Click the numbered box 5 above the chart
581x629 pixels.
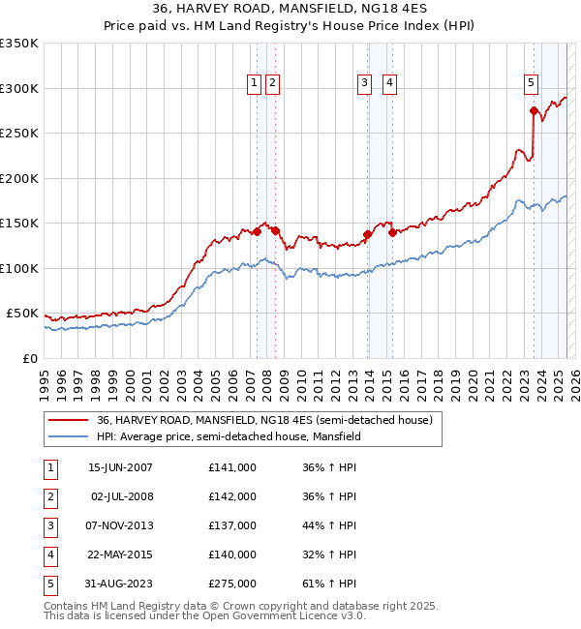[x=532, y=84]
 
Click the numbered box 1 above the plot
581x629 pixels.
[x=254, y=84]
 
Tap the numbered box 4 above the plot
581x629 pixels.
[x=389, y=84]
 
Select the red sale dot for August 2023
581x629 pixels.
[x=534, y=110]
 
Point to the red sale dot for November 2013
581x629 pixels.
[x=368, y=234]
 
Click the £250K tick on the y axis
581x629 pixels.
[x=19, y=134]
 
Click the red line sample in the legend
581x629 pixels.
[x=70, y=420]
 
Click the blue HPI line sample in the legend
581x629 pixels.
[x=70, y=436]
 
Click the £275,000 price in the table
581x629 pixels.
[x=232, y=584]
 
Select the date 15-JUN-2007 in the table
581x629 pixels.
[x=120, y=467]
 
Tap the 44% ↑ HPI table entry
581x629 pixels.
[x=329, y=525]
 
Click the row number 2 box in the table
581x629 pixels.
[x=49, y=496]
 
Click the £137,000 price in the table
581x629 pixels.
[x=232, y=525]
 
